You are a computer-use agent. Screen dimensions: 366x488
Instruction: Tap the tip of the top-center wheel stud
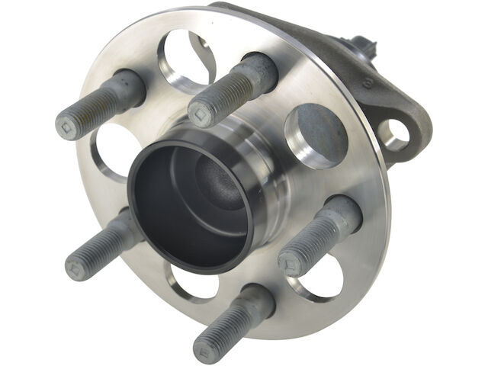tap(201, 114)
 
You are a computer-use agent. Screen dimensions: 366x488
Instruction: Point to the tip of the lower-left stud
tap(77, 267)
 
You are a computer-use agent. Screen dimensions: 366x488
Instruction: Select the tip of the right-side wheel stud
tap(291, 265)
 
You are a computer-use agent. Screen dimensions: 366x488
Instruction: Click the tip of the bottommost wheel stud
tap(205, 351)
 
